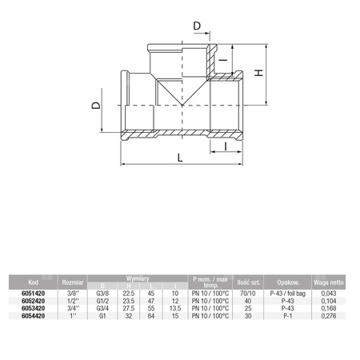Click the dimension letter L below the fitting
[x=179, y=158]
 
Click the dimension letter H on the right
[x=258, y=73]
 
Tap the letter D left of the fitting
[x=96, y=107]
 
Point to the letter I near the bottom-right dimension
[x=228, y=146]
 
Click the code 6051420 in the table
[x=33, y=293]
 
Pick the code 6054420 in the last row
[x=33, y=318]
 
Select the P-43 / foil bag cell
[x=288, y=293]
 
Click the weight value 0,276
[x=327, y=318]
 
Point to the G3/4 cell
[x=102, y=310]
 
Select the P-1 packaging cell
[x=288, y=318]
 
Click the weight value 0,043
[x=327, y=293]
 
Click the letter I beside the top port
[x=225, y=61]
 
